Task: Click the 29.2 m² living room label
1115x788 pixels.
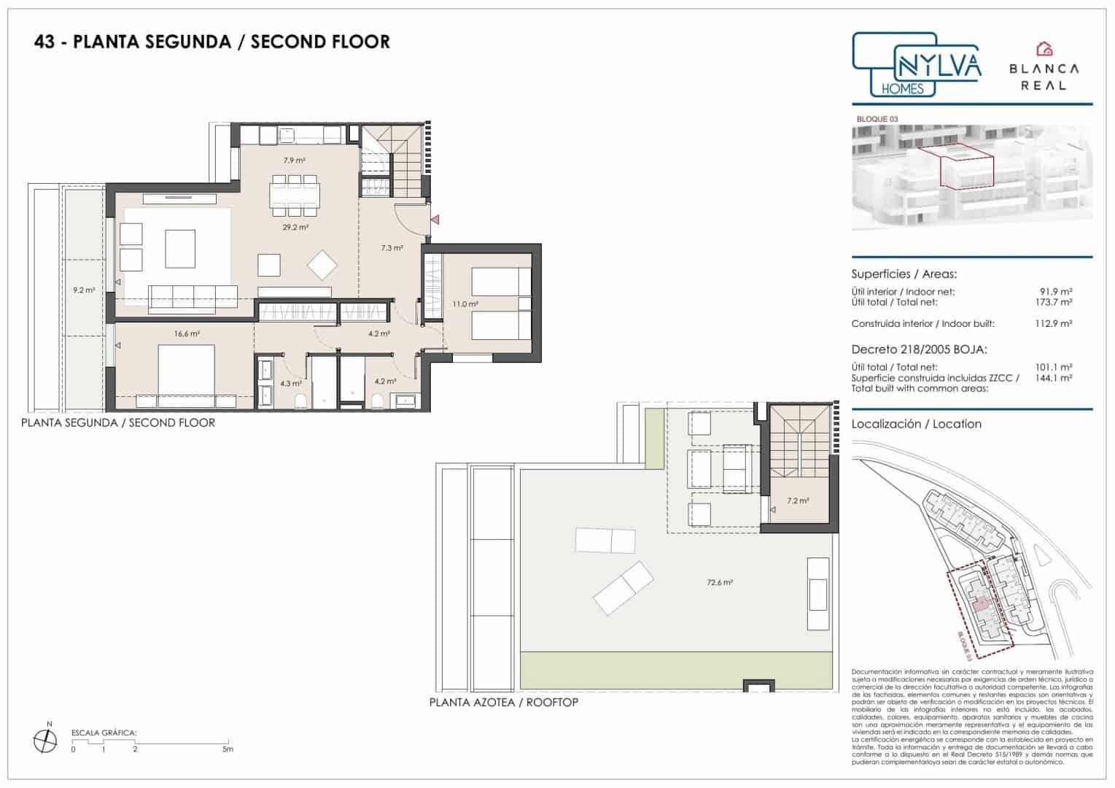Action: click(295, 228)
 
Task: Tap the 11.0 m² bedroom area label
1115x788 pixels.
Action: click(465, 304)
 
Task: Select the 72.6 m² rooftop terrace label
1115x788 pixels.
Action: click(719, 583)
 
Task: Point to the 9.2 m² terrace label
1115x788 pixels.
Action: click(84, 290)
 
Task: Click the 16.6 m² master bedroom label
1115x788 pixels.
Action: click(187, 333)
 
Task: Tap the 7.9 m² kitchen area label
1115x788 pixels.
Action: click(294, 160)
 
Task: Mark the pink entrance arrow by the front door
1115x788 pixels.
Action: click(435, 219)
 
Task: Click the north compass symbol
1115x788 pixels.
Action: click(46, 740)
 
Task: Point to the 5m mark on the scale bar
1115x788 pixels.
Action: click(228, 749)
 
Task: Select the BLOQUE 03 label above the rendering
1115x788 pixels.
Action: click(877, 119)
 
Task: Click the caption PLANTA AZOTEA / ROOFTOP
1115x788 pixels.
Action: click(503, 703)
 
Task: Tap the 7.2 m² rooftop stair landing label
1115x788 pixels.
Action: click(797, 501)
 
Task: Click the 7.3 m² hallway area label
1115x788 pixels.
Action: click(392, 248)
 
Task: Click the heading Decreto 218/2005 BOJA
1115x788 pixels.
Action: click(919, 349)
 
